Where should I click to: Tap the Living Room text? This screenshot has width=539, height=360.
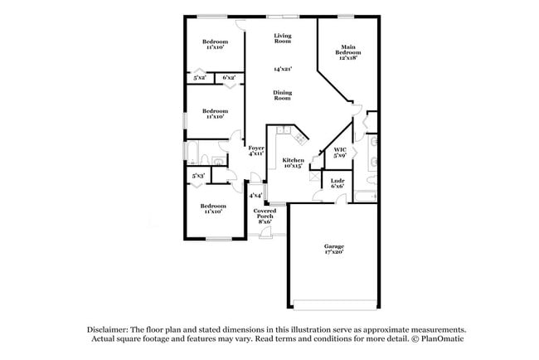pyautogui.click(x=283, y=38)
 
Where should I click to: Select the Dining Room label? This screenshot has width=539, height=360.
pyautogui.click(x=282, y=95)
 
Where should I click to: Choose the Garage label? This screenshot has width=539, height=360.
pyautogui.click(x=334, y=249)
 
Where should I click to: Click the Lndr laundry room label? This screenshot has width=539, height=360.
pyautogui.click(x=337, y=183)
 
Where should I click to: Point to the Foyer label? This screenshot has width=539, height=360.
pyautogui.click(x=256, y=150)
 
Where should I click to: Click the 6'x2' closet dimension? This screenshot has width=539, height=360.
pyautogui.click(x=228, y=77)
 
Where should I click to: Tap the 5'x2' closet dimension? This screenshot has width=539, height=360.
pyautogui.click(x=200, y=77)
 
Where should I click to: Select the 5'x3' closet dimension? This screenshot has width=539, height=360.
pyautogui.click(x=198, y=175)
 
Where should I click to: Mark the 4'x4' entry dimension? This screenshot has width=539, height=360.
pyautogui.click(x=255, y=196)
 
